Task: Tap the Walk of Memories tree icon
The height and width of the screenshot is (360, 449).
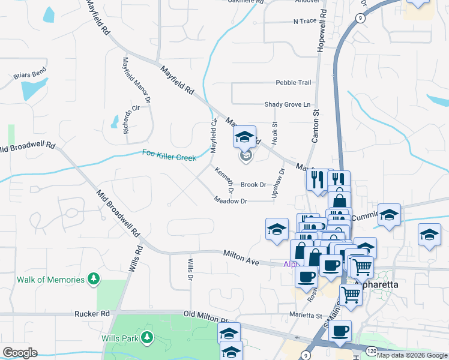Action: (93, 279)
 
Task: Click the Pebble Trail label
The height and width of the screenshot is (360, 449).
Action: (294, 82)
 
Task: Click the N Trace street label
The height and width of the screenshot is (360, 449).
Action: (304, 21)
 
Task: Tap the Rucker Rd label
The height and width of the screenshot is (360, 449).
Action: (92, 313)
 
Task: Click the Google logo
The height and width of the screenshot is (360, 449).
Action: (20, 353)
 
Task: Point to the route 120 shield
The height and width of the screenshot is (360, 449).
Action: (372, 349)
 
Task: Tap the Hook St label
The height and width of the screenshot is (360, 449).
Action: (275, 133)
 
